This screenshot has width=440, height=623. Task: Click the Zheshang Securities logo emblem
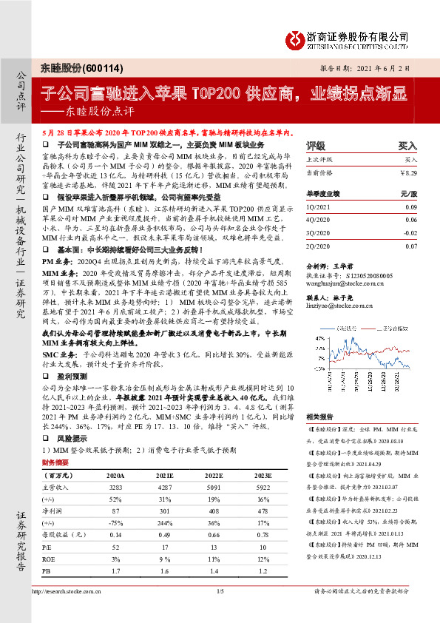point(295,38)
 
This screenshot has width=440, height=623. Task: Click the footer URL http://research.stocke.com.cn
point(70,612)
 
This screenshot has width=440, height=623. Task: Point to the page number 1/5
point(220,612)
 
